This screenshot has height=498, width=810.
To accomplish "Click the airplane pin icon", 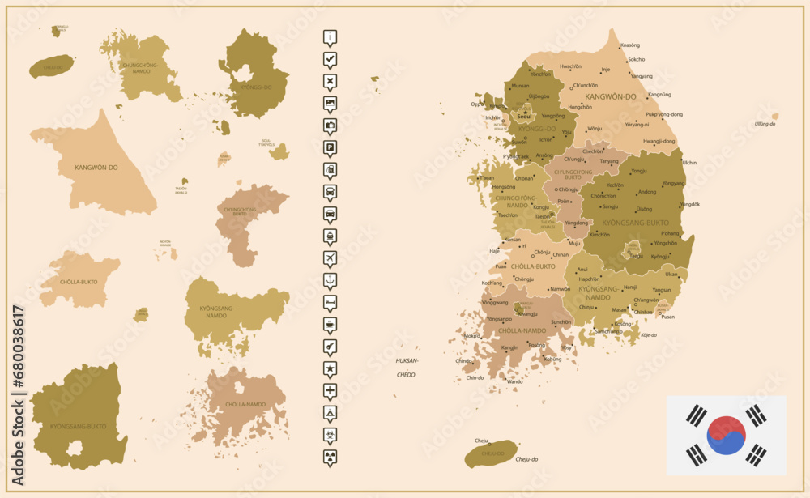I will (x=330, y=258).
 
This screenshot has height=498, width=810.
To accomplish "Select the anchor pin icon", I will (x=330, y=280).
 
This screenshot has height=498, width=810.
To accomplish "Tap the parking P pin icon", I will (x=330, y=147).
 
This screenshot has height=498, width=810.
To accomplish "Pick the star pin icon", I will (x=330, y=369).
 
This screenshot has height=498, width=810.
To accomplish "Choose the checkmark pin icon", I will (x=330, y=59).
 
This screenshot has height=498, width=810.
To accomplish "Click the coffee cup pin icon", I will (x=330, y=325).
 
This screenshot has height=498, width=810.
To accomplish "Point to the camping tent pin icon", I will (x=330, y=413).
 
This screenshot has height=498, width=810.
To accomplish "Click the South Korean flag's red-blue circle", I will (x=726, y=436).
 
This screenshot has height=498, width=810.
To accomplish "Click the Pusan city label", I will (x=667, y=317).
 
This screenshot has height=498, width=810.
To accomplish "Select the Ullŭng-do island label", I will (x=765, y=124).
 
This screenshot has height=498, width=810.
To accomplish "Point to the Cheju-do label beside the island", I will (x=526, y=459).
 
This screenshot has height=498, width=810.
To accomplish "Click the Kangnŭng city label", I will (x=659, y=94).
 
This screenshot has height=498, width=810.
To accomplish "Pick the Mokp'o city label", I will (x=471, y=335).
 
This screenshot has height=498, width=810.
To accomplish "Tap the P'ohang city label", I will (x=670, y=233).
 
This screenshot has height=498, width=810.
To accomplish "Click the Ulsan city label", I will (x=671, y=274).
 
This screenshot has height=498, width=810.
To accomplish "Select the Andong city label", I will (x=647, y=192).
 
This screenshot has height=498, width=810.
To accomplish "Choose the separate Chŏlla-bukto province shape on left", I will (x=77, y=279).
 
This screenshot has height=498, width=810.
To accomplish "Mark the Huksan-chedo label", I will (x=406, y=367).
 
